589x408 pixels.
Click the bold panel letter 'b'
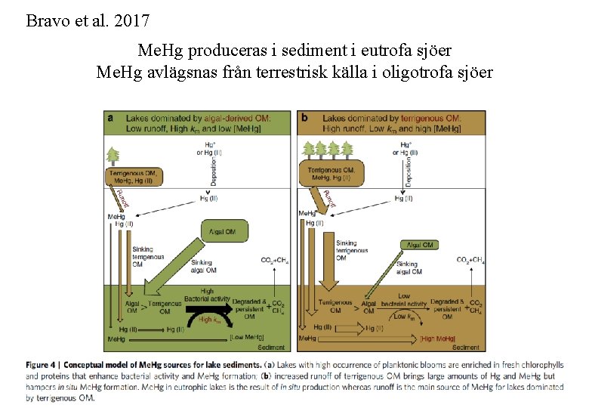click(x=304, y=118)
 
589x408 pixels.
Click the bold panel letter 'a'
click(x=111, y=118)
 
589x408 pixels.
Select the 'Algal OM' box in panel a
click(x=224, y=230)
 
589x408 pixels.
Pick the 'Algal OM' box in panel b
click(x=421, y=245)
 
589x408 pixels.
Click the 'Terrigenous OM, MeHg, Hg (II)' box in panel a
click(x=132, y=177)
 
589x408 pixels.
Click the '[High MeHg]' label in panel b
click(x=441, y=338)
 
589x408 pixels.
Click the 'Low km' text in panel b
click(x=404, y=317)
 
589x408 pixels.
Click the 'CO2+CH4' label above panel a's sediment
click(x=273, y=260)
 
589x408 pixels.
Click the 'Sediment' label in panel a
click(x=271, y=348)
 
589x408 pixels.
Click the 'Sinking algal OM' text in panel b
click(x=409, y=267)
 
